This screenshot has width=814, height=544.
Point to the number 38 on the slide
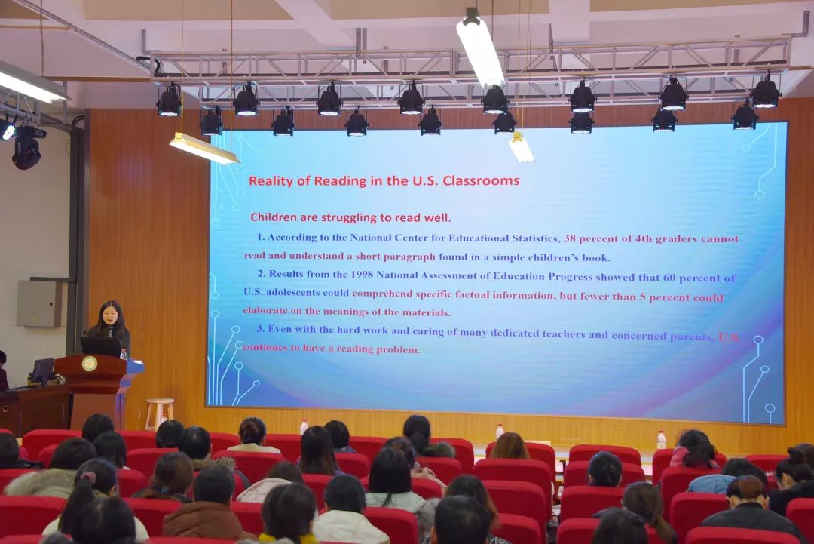[570, 238]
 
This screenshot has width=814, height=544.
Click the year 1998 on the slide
[362, 275]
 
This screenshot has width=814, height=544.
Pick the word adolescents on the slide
[291, 293]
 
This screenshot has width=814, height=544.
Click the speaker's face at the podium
[111, 315]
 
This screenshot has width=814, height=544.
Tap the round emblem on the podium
[89, 364]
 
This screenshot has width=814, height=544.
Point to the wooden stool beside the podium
[159, 413]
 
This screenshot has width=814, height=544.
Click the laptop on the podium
[101, 346]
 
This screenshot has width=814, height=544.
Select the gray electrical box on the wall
[39, 303]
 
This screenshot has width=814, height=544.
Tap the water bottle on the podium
[124, 355]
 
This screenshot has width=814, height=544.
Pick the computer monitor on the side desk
[42, 370]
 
